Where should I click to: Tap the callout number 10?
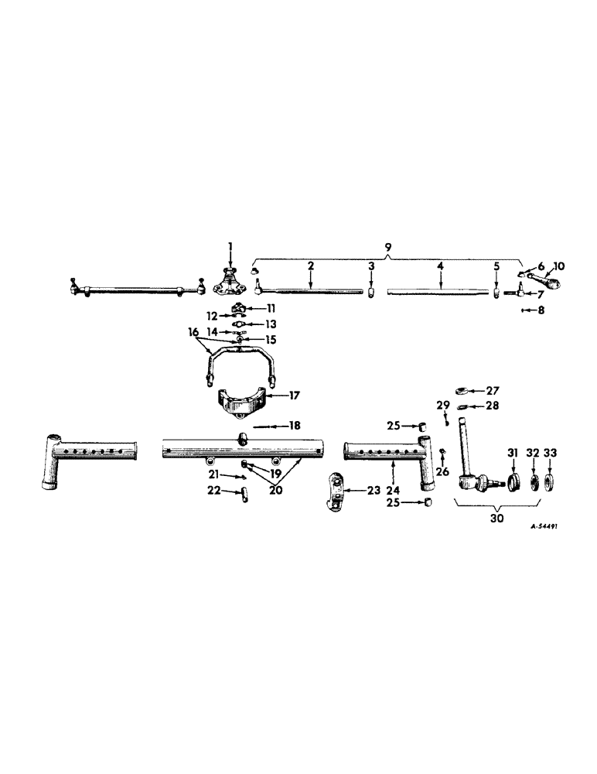[560, 266]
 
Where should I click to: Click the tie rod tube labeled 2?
[309, 291]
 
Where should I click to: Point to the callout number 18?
[295, 425]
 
